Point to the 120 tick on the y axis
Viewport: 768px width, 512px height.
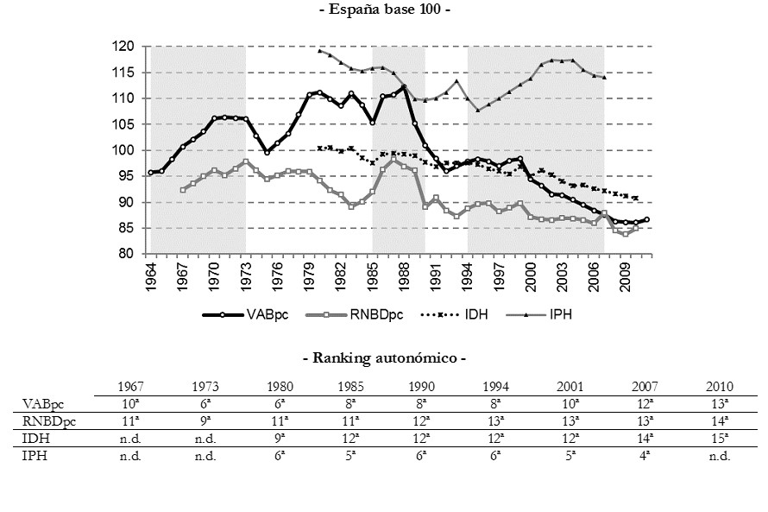pos(128,47)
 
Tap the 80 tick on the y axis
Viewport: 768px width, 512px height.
pos(130,254)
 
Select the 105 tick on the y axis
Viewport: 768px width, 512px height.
pos(128,124)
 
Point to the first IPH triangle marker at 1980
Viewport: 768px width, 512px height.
pos(320,51)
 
